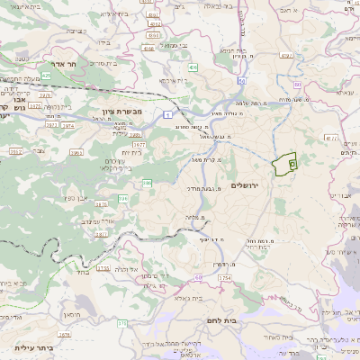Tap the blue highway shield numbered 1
[x=167, y=114]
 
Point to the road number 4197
[x=288, y=56]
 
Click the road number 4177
[x=330, y=139]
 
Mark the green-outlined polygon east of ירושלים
[x=284, y=164]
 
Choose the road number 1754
[x=224, y=278]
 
